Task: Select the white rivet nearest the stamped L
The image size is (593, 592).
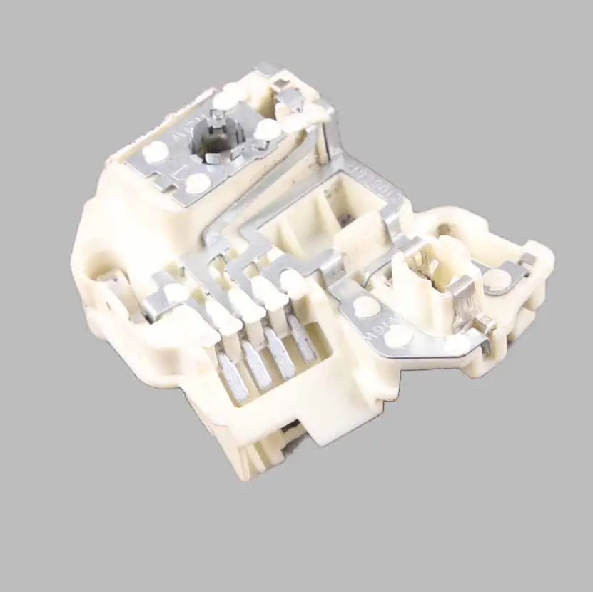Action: (197, 183)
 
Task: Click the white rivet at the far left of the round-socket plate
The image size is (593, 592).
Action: (155, 151)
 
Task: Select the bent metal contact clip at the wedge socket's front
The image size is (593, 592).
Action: (460, 292)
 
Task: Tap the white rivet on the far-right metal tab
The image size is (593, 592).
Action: (497, 280)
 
